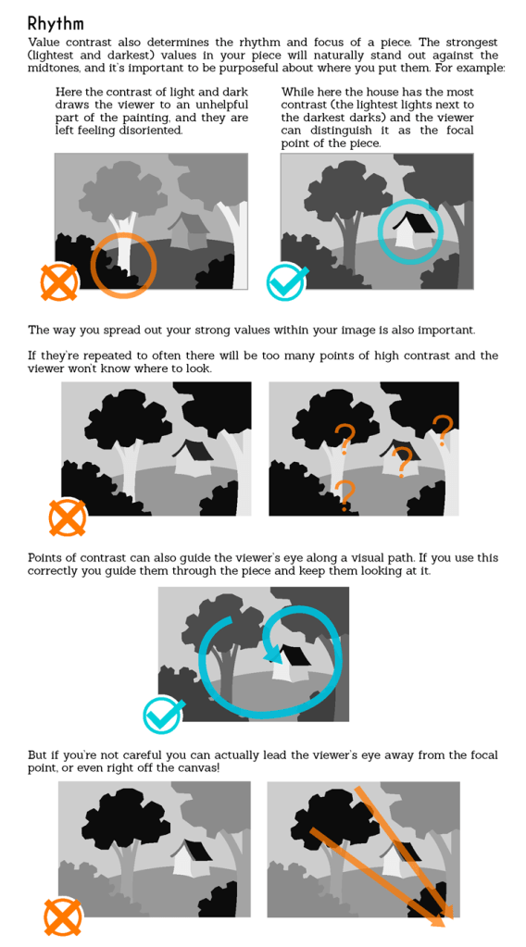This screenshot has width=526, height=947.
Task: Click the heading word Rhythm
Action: click(56, 24)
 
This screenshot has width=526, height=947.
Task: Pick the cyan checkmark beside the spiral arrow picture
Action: click(163, 715)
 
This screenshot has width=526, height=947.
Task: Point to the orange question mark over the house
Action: click(402, 461)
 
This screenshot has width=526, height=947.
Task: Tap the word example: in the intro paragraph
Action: click(480, 69)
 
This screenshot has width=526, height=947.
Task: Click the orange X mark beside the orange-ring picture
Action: click(59, 283)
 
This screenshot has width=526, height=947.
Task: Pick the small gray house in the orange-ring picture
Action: click(188, 231)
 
